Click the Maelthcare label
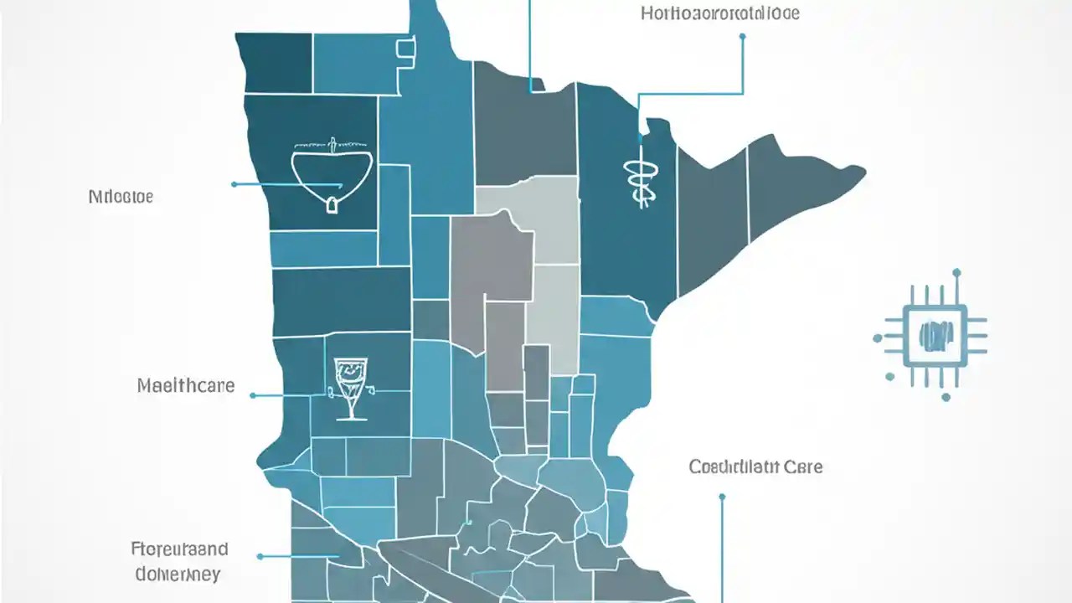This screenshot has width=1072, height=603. click(185, 387)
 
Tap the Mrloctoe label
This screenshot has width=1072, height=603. click(121, 198)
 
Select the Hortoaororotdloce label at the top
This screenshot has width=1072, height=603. click(719, 13)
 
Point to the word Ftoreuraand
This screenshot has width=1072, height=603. click(180, 549)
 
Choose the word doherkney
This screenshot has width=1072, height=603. click(178, 575)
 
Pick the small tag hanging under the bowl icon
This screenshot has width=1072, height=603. click(332, 204)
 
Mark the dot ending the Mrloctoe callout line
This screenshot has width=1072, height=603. click(234, 183)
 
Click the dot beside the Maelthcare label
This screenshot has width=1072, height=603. click(254, 394)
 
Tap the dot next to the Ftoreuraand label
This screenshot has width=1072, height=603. click(260, 556)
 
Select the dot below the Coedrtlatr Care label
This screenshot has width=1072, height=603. click(722, 497)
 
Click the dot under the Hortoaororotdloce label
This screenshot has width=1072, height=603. click(743, 36)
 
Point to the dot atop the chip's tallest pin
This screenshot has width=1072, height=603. click(956, 272)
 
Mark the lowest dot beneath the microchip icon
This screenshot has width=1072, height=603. click(946, 398)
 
